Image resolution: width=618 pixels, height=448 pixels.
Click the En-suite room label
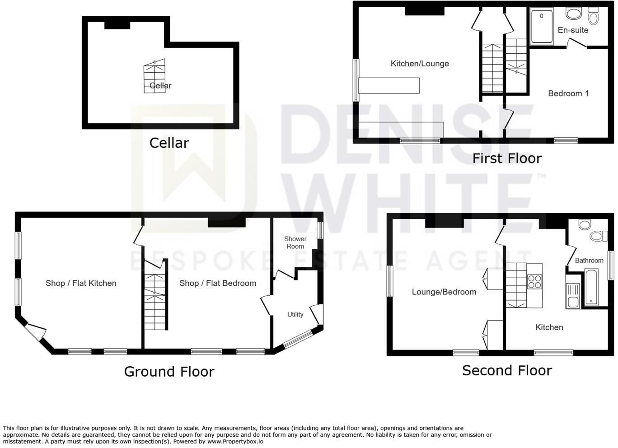[x=573, y=30]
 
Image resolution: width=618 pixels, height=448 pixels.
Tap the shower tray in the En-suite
[x=542, y=27]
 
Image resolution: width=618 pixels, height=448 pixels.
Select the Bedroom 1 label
[x=568, y=93]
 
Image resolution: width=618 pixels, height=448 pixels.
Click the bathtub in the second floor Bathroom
[x=591, y=287]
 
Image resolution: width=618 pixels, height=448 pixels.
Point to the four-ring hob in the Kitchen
[x=534, y=281]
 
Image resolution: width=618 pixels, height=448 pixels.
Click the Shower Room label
[x=295, y=243]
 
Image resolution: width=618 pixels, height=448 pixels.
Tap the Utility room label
[x=295, y=314]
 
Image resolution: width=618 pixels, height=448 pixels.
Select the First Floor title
[x=507, y=159]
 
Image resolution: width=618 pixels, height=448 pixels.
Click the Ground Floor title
[x=169, y=372]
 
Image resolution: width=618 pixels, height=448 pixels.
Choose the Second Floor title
[x=507, y=370]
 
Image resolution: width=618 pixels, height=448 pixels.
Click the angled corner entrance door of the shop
[x=35, y=332]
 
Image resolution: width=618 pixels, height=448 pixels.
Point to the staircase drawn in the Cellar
[x=154, y=76]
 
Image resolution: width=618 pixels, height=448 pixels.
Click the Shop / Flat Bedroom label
[x=218, y=283]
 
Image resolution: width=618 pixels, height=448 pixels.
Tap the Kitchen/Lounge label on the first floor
[x=420, y=64]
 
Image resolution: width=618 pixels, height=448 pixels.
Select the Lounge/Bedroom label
[x=444, y=292]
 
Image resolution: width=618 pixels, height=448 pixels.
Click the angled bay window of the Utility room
[x=298, y=339]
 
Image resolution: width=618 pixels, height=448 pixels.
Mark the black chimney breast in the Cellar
[x=117, y=25]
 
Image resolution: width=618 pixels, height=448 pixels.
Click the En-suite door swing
[x=576, y=43]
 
